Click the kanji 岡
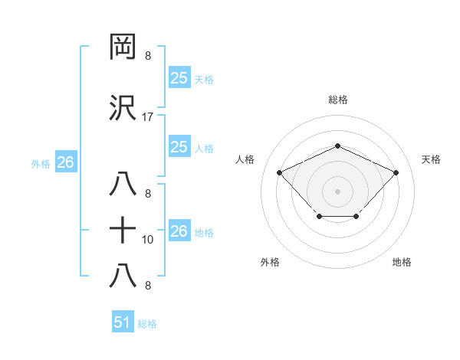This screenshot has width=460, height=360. [x=123, y=47]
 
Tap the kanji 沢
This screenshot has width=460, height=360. [x=123, y=108]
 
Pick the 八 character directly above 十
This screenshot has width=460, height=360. [x=123, y=185]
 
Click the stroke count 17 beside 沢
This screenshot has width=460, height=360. [x=148, y=117]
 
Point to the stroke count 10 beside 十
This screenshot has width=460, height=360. [x=148, y=240]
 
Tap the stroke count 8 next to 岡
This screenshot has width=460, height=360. [x=148, y=56]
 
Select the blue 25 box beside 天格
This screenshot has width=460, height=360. [x=179, y=77]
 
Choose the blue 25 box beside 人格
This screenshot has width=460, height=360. [x=179, y=147]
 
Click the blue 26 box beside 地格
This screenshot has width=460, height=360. [x=179, y=231]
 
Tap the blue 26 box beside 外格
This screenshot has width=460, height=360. [x=65, y=162]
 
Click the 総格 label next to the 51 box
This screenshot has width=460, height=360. [x=147, y=324]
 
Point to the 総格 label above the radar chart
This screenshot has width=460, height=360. [x=337, y=100]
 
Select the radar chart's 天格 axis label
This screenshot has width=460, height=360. [x=431, y=159]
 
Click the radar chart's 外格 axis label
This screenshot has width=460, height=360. [x=270, y=262]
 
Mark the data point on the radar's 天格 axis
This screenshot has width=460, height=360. [x=396, y=172]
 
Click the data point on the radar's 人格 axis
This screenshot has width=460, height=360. [x=280, y=172]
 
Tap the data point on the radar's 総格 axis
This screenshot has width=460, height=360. [x=337, y=146]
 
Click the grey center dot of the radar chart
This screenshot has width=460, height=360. [x=337, y=191]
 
